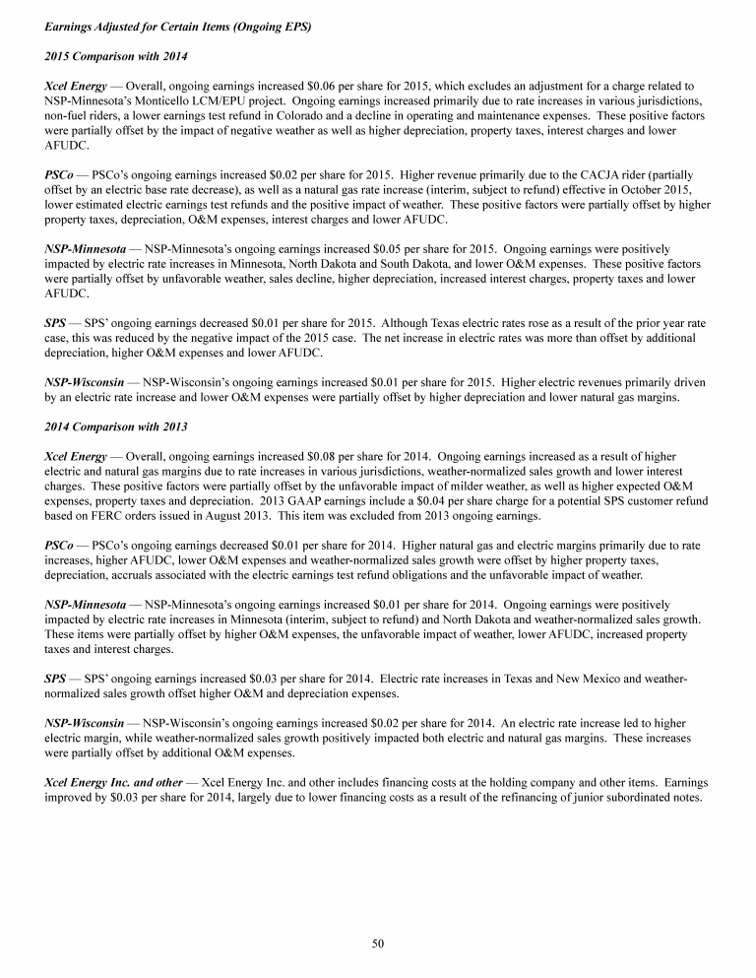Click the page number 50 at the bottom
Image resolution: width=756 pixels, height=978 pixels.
378,943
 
